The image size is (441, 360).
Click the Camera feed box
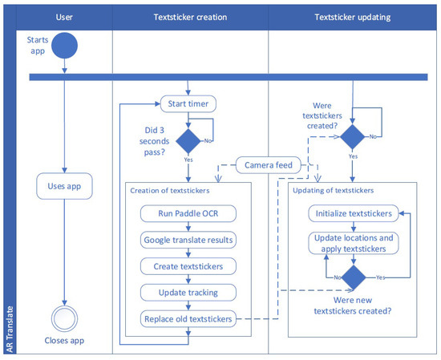click(269, 166)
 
